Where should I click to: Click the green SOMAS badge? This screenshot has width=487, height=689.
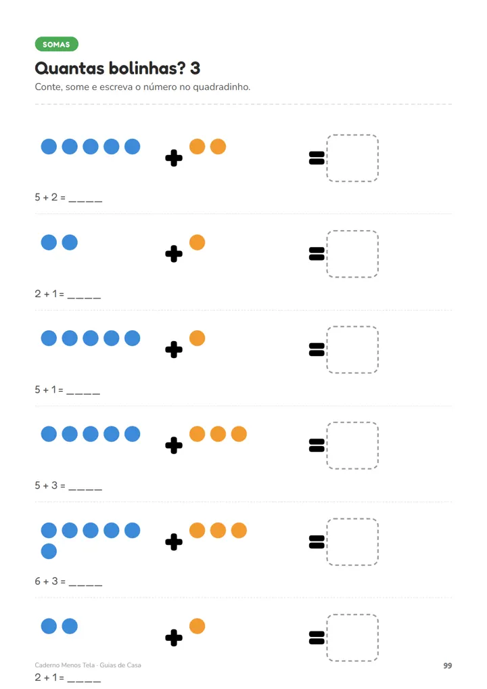57,44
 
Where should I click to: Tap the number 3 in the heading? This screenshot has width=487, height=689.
195,68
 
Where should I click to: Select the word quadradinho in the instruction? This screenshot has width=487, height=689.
221,87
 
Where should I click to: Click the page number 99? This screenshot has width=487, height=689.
448,666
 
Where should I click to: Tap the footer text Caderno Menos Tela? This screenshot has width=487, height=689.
65,665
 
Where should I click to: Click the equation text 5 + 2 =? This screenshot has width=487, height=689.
50,198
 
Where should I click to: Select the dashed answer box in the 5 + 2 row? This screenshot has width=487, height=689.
352,158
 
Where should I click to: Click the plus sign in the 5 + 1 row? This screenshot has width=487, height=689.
174,350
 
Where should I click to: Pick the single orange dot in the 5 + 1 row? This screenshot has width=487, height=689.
198,338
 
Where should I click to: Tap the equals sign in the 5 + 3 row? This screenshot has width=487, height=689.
317,445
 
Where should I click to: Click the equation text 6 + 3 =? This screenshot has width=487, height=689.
50,581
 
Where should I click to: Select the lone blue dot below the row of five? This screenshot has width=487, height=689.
49,551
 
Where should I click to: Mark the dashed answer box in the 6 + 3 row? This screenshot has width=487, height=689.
352,542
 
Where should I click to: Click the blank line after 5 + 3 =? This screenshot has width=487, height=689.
85,489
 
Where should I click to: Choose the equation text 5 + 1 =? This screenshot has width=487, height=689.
49,390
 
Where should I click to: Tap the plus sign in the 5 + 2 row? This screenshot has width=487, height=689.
174,158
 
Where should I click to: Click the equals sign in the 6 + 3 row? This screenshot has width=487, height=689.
317,542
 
